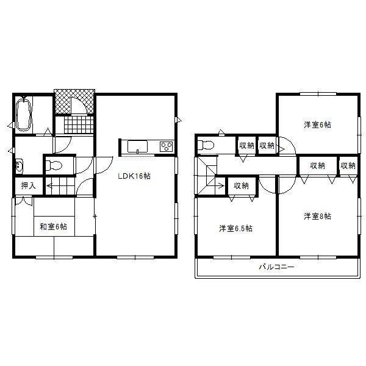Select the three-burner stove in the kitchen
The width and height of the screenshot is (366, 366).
click(166, 146)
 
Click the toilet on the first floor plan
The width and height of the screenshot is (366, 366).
click(54, 165)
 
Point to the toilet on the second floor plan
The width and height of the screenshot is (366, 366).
click(206, 146)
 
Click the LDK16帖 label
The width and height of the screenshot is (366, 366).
click(134, 176)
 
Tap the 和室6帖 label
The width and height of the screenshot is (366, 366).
click(54, 227)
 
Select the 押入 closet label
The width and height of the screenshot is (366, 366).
click(28, 185)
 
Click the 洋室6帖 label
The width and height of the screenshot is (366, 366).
click(318, 125)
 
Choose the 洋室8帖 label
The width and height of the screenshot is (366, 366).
click(318, 216)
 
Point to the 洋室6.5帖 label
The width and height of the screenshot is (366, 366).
click(236, 229)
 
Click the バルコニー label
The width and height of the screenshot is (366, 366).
click(276, 267)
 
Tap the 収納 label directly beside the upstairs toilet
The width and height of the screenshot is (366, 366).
click(246, 145)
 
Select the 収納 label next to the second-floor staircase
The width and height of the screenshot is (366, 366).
click(241, 185)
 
